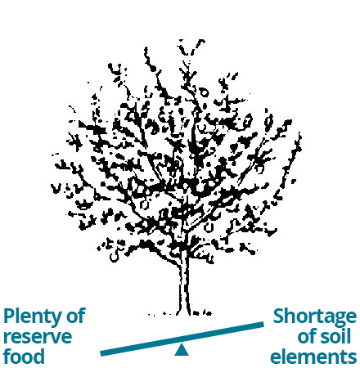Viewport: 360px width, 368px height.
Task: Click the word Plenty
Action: tap(32, 317)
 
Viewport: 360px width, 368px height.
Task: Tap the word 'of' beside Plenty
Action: tap(76, 316)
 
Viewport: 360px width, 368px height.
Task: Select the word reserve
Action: tap(38, 337)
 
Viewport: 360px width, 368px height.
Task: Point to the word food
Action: tap(24, 355)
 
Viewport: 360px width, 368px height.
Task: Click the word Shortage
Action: tap(315, 317)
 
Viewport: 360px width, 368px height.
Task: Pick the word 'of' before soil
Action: tap(307, 336)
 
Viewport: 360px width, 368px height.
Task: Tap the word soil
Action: tap(335, 336)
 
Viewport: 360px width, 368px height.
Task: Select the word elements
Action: tap(313, 356)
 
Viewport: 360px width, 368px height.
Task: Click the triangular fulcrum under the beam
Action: tap(182, 351)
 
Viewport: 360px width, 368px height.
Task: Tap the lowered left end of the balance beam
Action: tap(102, 353)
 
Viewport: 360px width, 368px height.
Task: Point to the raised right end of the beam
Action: tap(263, 325)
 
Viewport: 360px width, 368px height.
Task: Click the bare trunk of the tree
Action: tap(184, 284)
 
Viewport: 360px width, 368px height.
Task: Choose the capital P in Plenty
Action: tap(10, 316)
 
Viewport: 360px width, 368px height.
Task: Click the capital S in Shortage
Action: tap(279, 316)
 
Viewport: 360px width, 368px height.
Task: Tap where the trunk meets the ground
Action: tap(184, 314)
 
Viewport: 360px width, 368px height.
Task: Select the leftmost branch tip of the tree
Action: tap(52, 187)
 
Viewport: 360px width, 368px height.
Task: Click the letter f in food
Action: tap(8, 355)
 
